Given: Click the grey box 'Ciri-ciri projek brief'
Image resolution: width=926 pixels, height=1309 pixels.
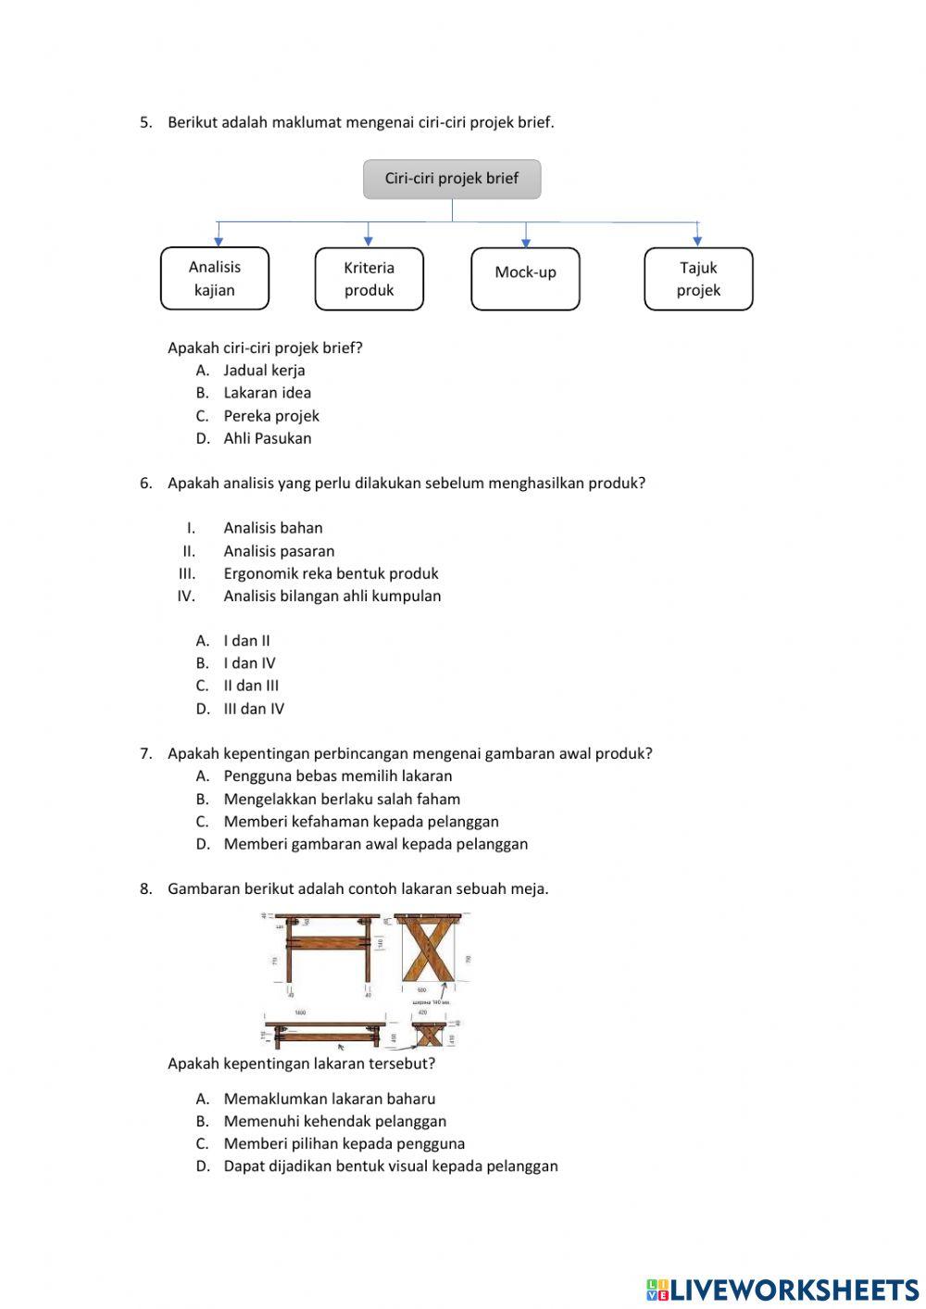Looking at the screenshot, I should tap(452, 179).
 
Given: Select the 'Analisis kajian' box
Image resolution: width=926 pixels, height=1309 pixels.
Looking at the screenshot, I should tap(215, 278).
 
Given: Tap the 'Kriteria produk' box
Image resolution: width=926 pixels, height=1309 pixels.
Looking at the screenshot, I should tap(369, 279).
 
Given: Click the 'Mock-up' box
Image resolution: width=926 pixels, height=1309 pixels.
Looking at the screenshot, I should tap(525, 279).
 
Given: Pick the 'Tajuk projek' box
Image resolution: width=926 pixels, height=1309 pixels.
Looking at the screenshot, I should tap(698, 279).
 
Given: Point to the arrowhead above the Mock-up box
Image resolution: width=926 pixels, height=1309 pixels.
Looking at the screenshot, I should tap(526, 242).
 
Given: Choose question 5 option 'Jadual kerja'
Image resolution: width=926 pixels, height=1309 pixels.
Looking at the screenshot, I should tap(264, 371).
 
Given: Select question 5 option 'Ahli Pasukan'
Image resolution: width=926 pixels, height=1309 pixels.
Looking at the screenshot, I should tap(267, 438).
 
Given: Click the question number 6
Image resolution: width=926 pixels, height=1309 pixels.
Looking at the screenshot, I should tap(145, 483).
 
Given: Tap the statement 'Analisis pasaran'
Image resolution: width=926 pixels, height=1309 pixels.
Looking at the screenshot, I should tap(279, 551).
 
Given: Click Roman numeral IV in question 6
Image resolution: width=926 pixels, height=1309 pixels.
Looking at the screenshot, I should tap(186, 597).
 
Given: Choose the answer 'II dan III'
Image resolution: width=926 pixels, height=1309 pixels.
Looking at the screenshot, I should tap(250, 686).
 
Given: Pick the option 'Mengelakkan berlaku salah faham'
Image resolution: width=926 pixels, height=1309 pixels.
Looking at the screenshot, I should tap(341, 799).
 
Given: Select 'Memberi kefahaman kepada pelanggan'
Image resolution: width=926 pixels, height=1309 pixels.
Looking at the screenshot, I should tap(360, 822).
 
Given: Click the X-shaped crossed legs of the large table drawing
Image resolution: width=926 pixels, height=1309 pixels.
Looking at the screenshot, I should tap(428, 952).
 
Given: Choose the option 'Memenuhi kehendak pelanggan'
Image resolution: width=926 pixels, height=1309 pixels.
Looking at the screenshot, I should tap(334, 1121).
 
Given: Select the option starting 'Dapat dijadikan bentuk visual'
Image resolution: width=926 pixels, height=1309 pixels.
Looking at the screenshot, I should tap(390, 1166).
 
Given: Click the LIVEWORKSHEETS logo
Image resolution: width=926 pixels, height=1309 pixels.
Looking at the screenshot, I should tap(782, 1290).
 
